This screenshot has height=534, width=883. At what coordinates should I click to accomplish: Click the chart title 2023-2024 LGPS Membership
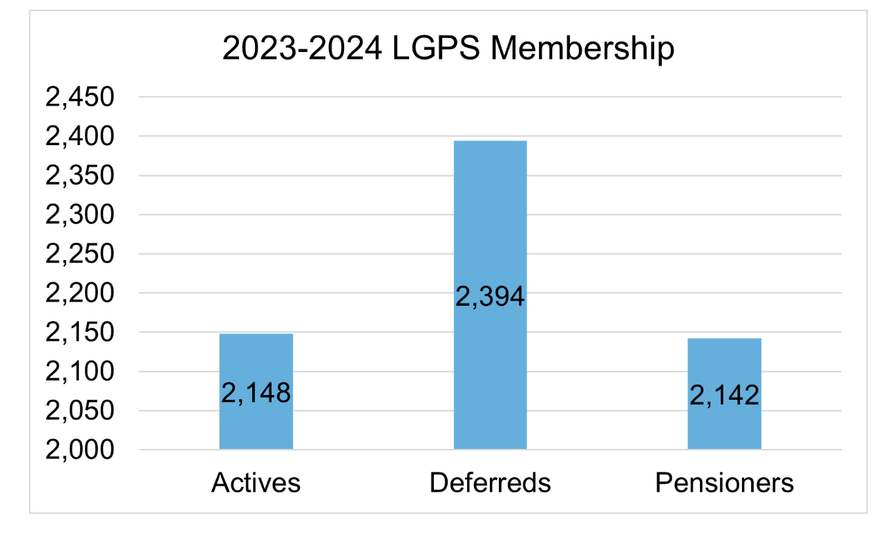point(448,50)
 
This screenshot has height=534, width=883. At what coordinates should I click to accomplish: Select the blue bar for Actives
point(256,360)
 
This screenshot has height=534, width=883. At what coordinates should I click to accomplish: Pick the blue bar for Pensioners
point(724,367)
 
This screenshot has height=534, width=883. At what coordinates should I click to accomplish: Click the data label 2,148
point(256,394)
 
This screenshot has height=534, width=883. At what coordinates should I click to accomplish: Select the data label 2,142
point(724,395)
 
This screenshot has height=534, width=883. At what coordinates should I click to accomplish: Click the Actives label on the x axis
point(256,483)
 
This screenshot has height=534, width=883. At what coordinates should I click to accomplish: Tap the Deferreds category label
point(490,483)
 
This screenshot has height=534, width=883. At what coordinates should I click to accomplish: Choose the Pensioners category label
point(724,483)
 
